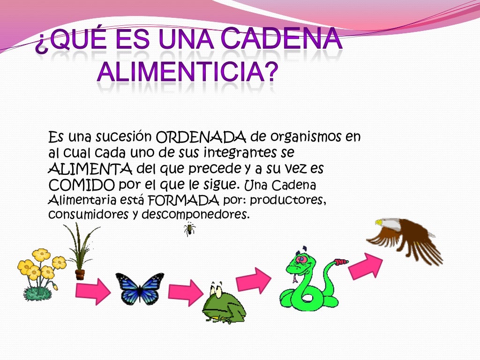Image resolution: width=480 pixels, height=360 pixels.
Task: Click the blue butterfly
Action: [x=140, y=288]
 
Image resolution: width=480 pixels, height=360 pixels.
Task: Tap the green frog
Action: [x=224, y=304]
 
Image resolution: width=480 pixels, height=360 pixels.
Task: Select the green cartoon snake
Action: [x=307, y=281]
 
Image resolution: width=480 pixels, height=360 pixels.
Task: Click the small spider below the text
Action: [x=189, y=229]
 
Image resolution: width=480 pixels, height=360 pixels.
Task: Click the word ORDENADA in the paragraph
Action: [x=201, y=138]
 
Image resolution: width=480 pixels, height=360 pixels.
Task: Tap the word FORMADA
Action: [x=184, y=200]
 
